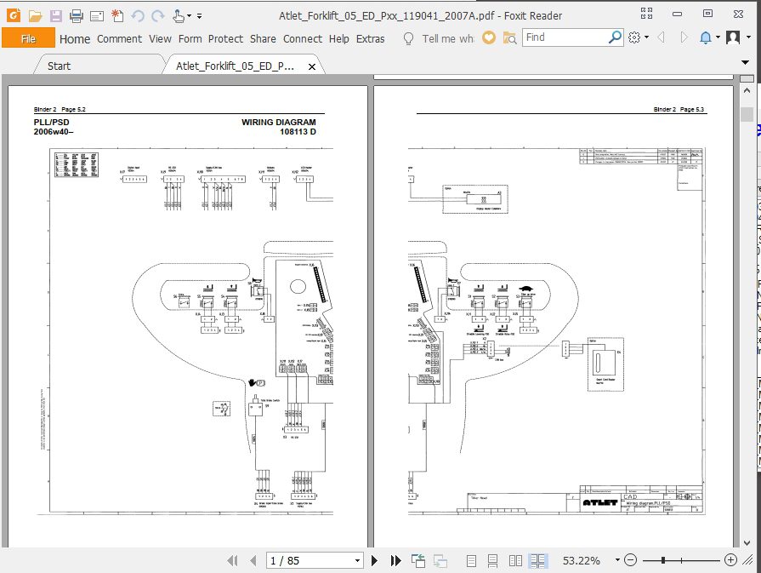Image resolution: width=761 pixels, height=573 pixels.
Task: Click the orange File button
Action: click(28, 38)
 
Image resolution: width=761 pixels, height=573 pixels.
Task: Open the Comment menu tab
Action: click(119, 38)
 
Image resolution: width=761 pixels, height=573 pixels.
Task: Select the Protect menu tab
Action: click(225, 38)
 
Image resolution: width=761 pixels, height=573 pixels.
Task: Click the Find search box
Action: click(565, 37)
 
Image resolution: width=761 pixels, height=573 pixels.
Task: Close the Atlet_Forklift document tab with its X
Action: click(312, 66)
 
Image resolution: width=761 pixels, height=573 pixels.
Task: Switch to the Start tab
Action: click(60, 66)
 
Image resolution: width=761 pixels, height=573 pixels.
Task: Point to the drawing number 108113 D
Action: click(298, 132)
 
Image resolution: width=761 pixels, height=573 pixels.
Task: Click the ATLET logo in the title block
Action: click(600, 503)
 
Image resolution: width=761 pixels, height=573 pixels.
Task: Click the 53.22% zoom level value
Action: click(582, 560)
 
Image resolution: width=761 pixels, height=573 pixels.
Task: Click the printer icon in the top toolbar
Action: click(77, 15)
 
